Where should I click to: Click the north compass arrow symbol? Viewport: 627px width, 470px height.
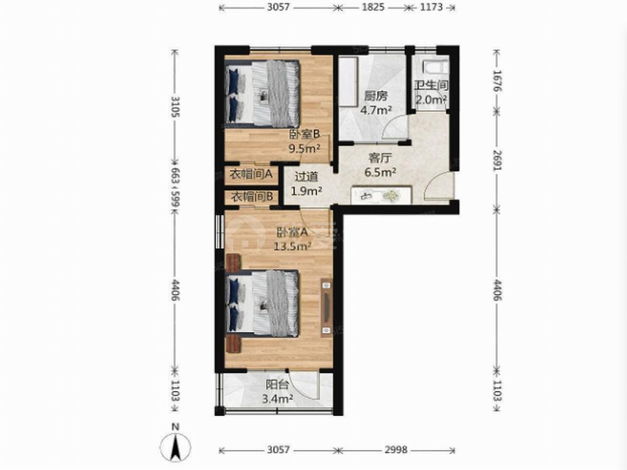tap(175, 447)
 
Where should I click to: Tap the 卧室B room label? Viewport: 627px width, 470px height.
tap(305, 134)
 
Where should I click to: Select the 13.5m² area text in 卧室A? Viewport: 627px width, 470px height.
tap(292, 246)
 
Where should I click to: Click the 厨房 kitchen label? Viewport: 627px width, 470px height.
tap(376, 96)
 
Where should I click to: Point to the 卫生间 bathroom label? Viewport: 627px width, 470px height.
tap(431, 85)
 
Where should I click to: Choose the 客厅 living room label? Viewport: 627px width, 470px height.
tap(380, 159)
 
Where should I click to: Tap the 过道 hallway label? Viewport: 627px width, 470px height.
tap(307, 177)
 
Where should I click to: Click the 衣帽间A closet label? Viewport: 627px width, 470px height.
tap(251, 174)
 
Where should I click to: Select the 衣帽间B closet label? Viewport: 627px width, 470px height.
tap(252, 197)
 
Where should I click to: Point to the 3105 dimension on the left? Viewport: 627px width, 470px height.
tap(175, 107)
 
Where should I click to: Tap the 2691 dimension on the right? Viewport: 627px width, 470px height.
tap(497, 160)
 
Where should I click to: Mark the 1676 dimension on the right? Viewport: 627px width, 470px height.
tap(497, 81)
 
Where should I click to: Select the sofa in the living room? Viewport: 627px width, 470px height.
tap(381, 196)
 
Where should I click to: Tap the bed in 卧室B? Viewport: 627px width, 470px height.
tap(262, 93)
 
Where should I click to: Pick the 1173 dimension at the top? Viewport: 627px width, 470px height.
tap(432, 7)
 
